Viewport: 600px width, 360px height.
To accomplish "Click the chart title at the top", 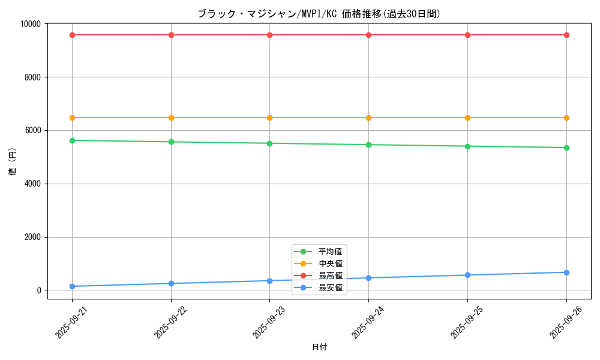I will coord(319,14).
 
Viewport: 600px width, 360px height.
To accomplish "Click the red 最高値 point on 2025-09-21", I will coord(72,35).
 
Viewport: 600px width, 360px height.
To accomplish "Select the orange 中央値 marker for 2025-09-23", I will coord(269,118).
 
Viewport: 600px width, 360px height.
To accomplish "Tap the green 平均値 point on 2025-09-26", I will coord(566,148).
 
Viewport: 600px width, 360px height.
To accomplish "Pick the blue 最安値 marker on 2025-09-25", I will coord(467,275).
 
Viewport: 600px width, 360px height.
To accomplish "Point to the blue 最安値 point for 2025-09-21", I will coord(72,286).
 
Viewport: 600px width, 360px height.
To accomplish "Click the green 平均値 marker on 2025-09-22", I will coord(171,142).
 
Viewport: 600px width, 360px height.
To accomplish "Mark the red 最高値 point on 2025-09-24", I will coord(368,35).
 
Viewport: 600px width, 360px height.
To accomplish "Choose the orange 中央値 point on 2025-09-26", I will coord(566,118).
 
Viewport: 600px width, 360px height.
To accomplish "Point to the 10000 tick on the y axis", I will coord(31,24).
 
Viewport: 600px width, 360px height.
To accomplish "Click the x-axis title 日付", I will coord(319,347).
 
